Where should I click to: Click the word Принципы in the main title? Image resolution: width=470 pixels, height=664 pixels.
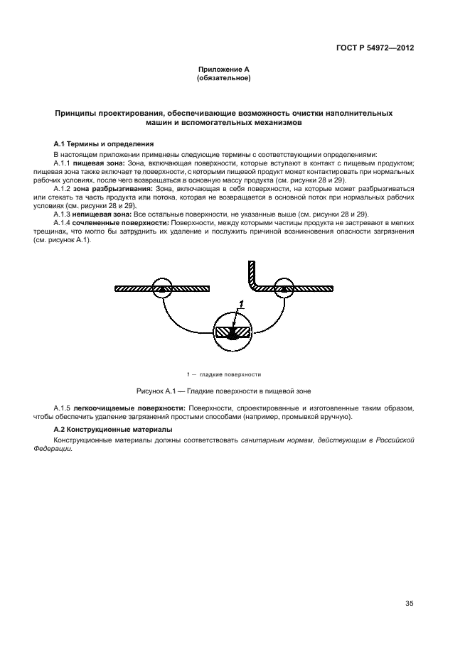pyautogui.click(x=76, y=114)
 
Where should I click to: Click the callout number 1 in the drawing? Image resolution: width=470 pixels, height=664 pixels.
pyautogui.click(x=242, y=304)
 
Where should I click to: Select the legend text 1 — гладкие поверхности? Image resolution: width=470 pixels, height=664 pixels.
pyautogui.click(x=223, y=374)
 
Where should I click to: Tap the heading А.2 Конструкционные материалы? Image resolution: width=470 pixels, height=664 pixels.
pyautogui.click(x=113, y=430)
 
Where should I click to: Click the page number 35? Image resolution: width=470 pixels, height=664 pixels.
pyautogui.click(x=409, y=604)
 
